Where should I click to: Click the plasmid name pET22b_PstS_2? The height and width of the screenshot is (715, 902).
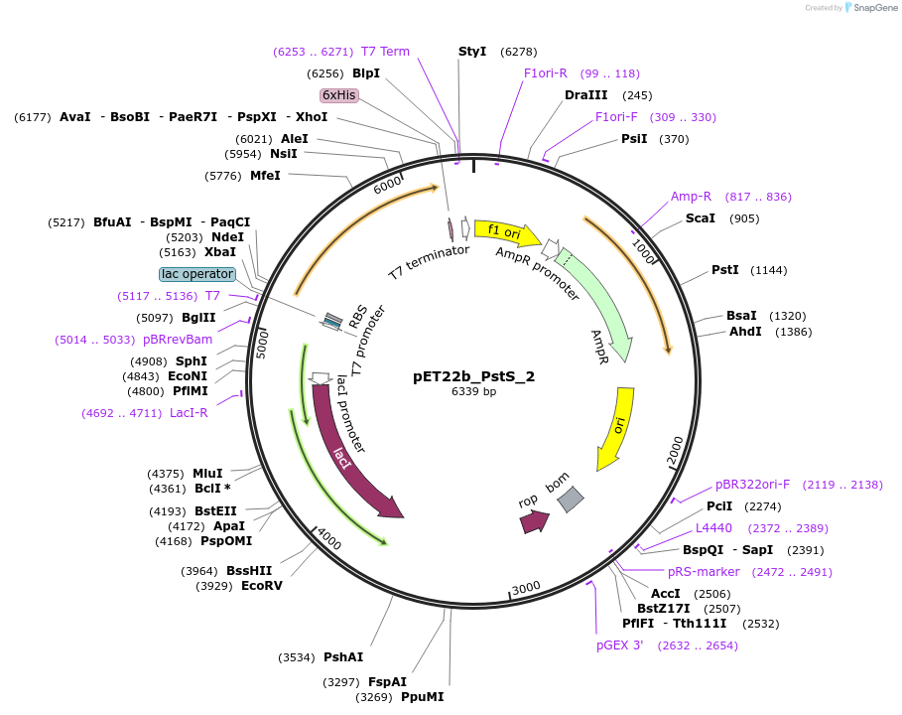point(473,376)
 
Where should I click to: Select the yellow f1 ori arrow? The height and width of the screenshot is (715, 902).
point(506,232)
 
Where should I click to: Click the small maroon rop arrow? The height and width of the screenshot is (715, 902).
point(534,520)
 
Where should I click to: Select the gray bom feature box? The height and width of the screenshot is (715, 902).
point(571,500)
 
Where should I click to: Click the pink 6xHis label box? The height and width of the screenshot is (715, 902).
point(338,95)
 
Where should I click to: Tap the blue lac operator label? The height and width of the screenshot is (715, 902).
point(196,274)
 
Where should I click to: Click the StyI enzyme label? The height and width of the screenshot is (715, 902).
point(472,51)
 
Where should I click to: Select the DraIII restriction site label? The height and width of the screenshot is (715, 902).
point(585,95)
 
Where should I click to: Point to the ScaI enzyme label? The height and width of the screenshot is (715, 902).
point(701,218)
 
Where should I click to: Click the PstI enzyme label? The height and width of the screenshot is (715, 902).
point(725,270)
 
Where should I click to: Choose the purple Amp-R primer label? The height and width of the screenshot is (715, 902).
point(691,197)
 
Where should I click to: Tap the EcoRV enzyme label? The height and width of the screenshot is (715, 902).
point(262,585)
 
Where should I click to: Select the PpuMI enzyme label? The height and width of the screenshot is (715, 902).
point(422,697)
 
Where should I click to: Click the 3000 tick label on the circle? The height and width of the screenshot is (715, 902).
point(526,587)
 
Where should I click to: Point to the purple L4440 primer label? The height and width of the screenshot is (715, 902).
point(713,528)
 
